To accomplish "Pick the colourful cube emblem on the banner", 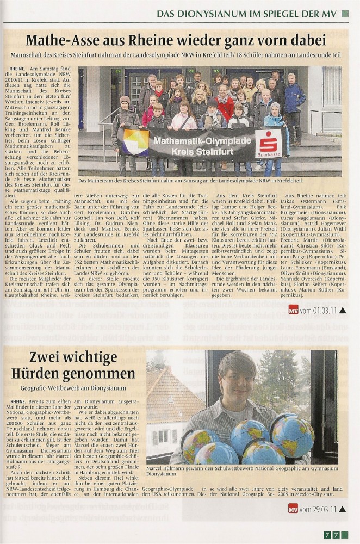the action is point(135,143).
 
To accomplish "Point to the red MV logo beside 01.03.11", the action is point(293,310).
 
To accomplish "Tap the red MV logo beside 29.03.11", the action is point(293,509).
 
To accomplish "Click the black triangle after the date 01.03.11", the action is point(342,310).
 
